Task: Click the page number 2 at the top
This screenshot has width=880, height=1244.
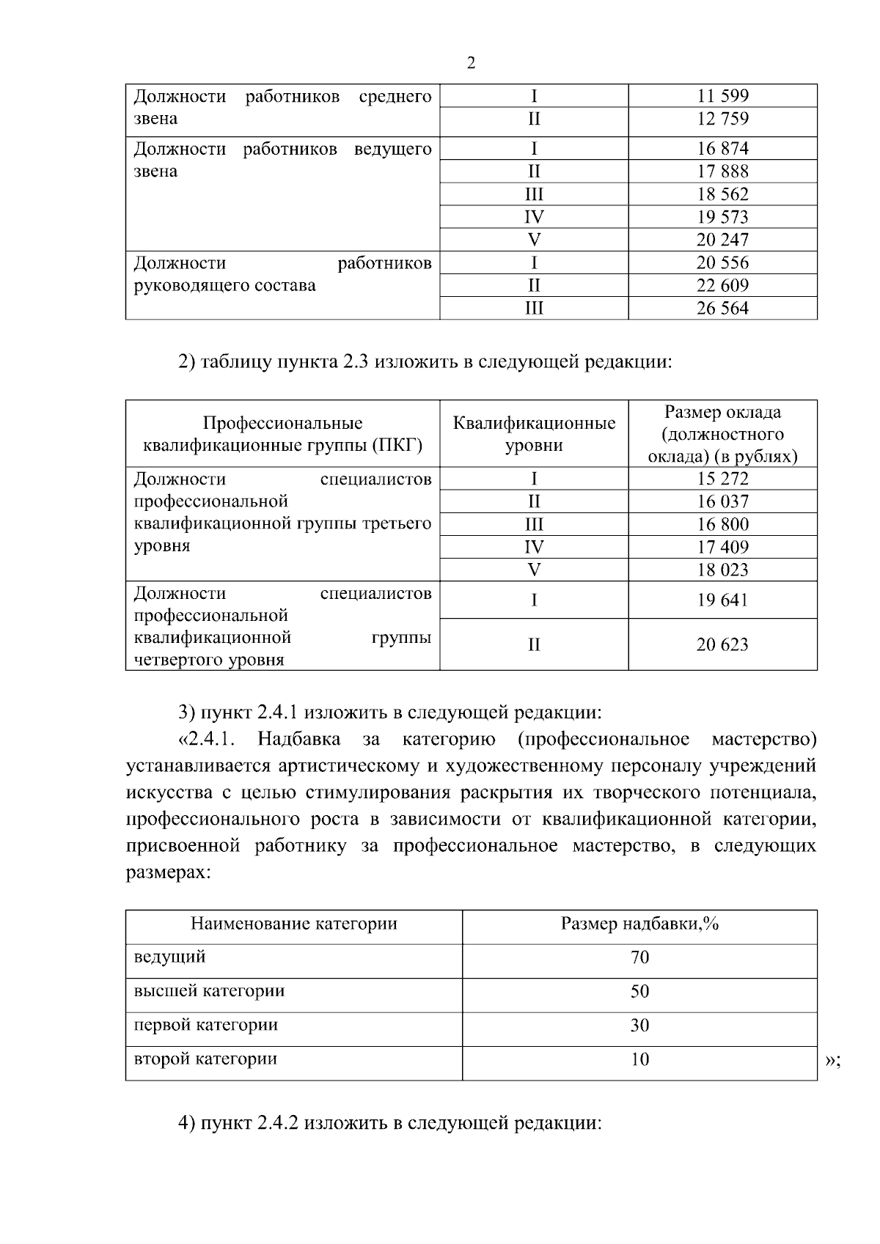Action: click(x=471, y=63)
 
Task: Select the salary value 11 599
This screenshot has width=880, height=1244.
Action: click(x=722, y=96)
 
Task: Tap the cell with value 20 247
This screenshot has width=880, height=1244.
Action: click(x=722, y=240)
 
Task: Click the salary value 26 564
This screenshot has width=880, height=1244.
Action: click(x=722, y=308)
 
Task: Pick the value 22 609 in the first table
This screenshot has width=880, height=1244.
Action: click(x=722, y=285)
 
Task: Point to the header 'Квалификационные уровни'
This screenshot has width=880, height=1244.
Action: click(x=534, y=434)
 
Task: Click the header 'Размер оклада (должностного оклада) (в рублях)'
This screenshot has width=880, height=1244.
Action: click(x=722, y=434)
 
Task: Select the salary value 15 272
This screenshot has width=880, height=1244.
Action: click(x=722, y=479)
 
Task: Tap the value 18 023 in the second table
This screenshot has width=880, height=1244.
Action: click(x=722, y=570)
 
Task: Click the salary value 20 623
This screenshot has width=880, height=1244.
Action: click(x=722, y=644)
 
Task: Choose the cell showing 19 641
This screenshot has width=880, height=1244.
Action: click(x=722, y=600)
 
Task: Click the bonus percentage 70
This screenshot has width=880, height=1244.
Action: click(x=639, y=957)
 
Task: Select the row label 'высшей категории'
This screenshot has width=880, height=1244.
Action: click(x=209, y=991)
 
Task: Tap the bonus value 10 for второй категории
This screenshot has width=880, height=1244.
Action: click(x=639, y=1059)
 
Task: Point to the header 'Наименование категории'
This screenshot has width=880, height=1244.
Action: click(x=293, y=924)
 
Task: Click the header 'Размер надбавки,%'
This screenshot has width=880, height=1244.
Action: click(x=639, y=924)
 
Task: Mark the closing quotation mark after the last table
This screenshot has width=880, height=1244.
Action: click(x=830, y=1061)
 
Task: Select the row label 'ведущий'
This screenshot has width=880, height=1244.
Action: click(x=169, y=957)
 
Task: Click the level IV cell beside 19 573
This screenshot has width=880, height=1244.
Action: click(x=534, y=217)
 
